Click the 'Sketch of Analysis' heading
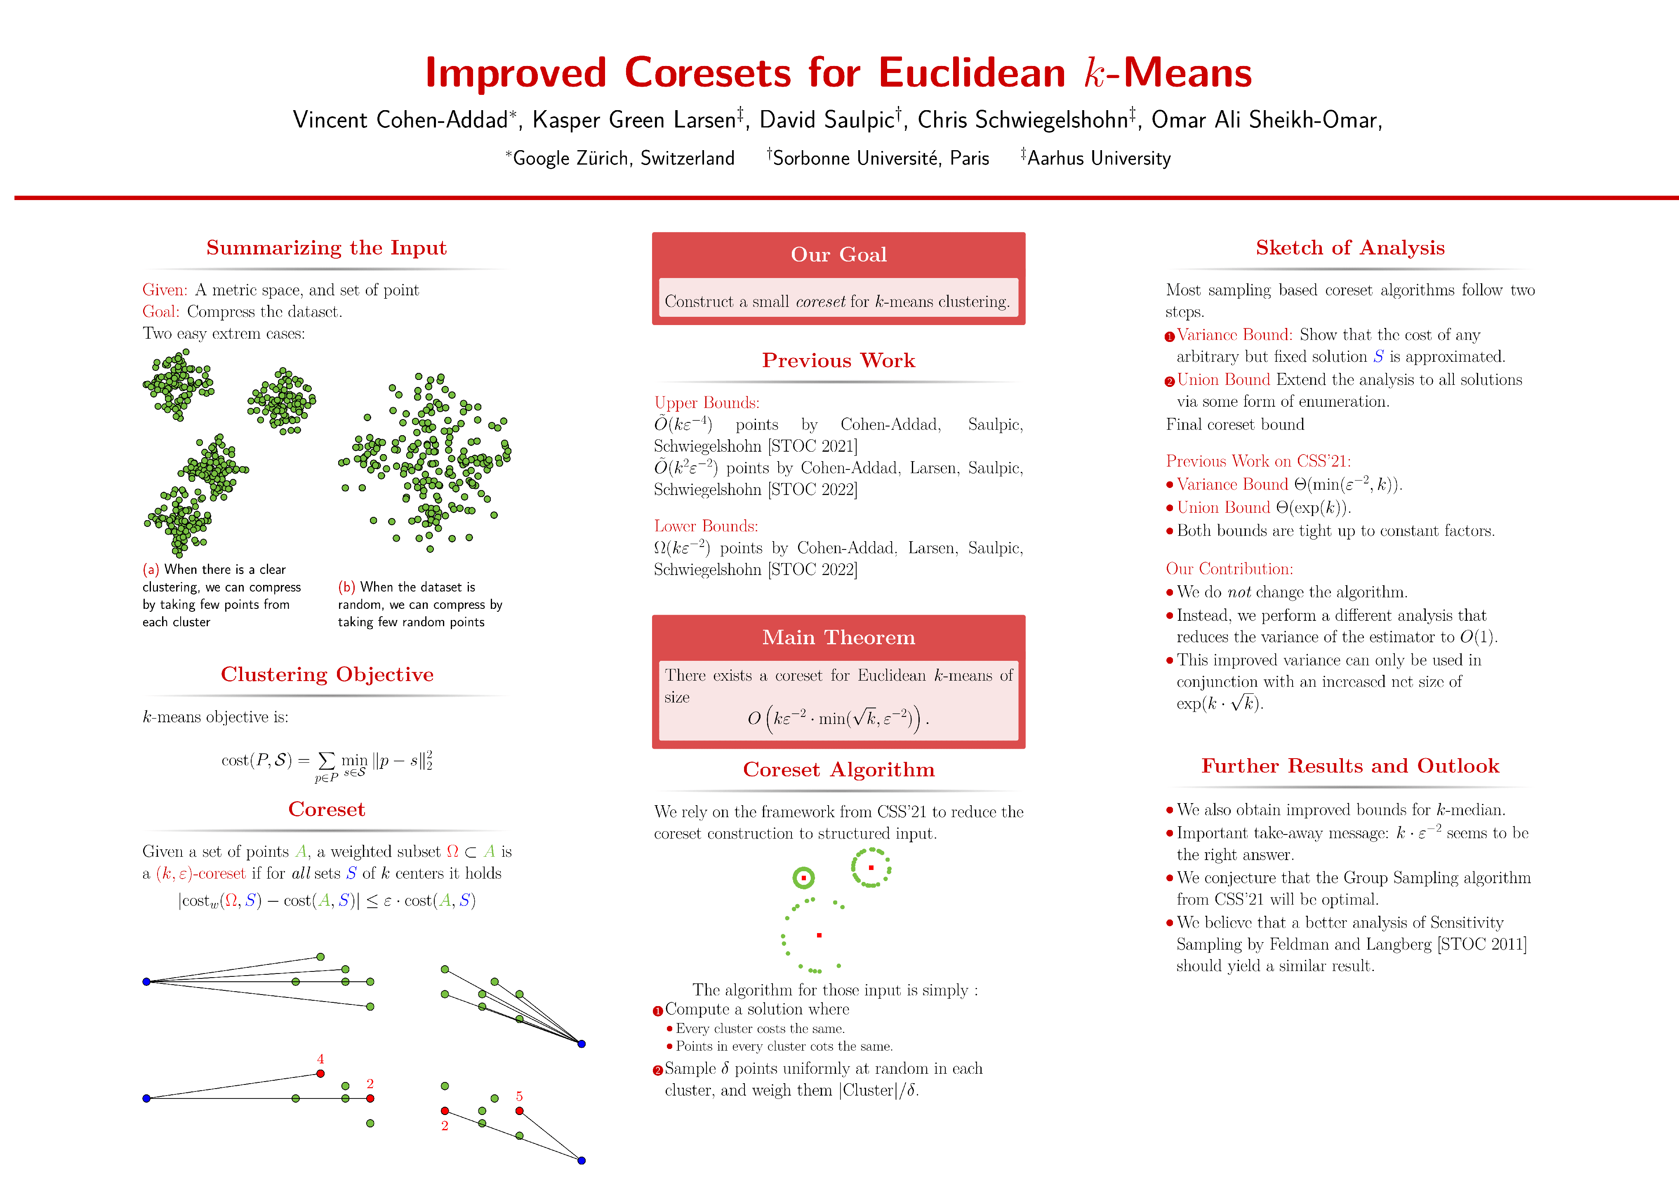coord(1350,248)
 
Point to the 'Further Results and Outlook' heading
coord(1350,766)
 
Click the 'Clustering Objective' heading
coord(327,674)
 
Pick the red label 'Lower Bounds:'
coord(706,526)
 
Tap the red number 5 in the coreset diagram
coord(519,1096)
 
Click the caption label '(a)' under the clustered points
coord(151,569)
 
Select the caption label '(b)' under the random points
coord(346,587)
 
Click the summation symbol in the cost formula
coord(327,761)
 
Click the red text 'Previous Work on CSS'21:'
coord(1258,461)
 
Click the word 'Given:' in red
coord(165,290)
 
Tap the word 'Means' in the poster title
coord(1187,73)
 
